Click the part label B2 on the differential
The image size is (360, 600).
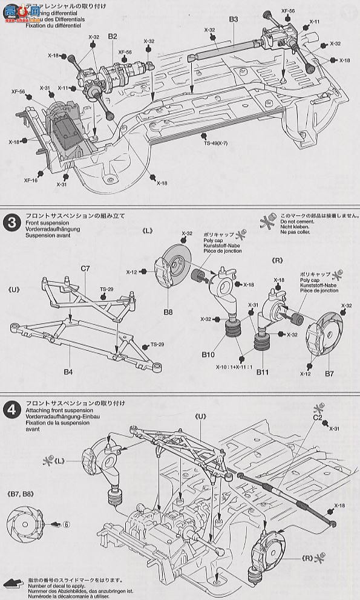113,37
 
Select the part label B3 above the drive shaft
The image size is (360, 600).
234,20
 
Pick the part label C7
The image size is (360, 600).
85,268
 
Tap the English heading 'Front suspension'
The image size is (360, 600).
46,222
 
